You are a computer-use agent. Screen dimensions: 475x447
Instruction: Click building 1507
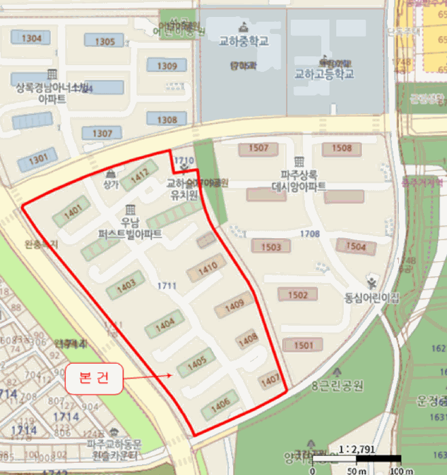coord(259,148)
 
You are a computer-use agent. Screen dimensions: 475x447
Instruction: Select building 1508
coord(342,148)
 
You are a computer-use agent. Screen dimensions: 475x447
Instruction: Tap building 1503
coord(270,246)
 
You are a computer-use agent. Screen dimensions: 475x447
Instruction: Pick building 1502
coord(298,294)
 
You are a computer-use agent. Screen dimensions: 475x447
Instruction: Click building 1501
coord(304,345)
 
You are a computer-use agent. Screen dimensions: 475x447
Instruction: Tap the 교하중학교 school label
coord(244,41)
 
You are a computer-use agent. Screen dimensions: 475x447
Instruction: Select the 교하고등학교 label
coord(324,74)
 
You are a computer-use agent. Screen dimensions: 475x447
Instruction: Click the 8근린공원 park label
coord(338,387)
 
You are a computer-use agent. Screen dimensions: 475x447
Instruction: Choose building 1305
coord(105,41)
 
